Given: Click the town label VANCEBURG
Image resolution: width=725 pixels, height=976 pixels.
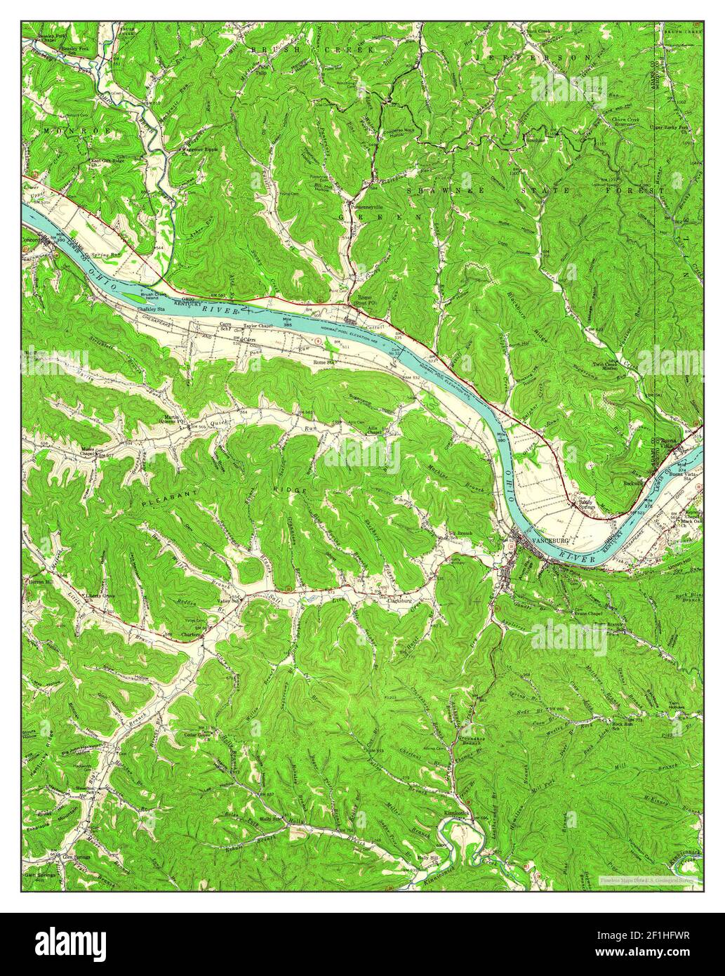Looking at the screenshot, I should [551, 541].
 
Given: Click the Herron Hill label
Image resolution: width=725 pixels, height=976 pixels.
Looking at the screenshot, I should [41, 582].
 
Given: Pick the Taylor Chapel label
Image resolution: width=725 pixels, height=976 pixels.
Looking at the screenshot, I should [257, 327].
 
